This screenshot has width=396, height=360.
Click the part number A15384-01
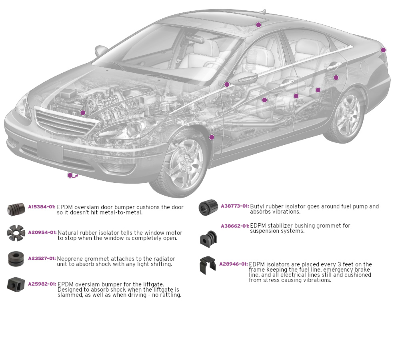(41, 207)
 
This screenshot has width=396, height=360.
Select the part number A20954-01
(42, 232)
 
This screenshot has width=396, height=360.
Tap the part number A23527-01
(42, 258)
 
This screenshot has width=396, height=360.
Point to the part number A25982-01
(42, 284)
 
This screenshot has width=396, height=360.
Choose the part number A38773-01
(235, 206)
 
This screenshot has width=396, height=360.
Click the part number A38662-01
(235, 226)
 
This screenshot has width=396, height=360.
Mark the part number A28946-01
(233, 264)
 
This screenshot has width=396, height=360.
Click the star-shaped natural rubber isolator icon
(16, 233)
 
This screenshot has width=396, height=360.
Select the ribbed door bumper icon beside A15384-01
(16, 209)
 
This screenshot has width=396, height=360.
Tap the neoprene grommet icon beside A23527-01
(16, 259)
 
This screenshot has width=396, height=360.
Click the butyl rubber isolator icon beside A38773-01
(208, 207)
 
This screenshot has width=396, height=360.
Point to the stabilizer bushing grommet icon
(208, 239)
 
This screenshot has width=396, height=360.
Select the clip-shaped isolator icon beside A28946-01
(208, 265)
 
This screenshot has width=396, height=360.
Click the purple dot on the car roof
(258, 25)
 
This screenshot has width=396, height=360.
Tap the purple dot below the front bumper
(70, 175)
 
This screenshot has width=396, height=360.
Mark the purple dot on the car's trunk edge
(383, 50)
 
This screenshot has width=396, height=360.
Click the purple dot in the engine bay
(83, 113)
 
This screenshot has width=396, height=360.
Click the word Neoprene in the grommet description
(70, 259)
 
